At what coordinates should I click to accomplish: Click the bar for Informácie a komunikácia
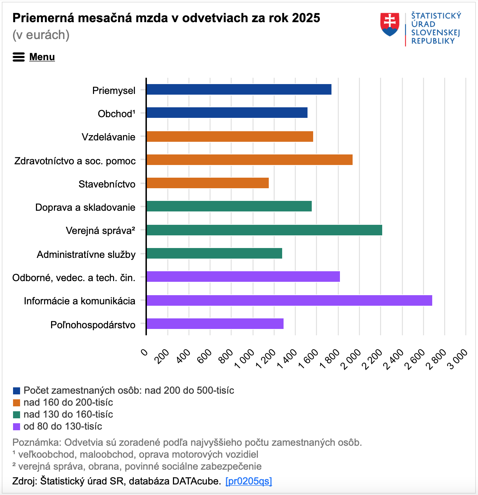[x=289, y=300]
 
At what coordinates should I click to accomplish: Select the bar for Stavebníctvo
[x=207, y=183]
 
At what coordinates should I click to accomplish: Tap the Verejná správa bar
[x=264, y=230]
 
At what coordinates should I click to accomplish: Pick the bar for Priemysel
[x=239, y=89]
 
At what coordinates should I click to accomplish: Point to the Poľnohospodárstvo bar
[x=215, y=324]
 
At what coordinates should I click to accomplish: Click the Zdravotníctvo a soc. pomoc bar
[x=250, y=160]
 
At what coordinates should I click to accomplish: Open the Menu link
[x=42, y=57]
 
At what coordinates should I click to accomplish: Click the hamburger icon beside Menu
[x=19, y=57]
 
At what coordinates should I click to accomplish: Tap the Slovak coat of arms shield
[x=390, y=24]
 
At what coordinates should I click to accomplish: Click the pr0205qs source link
[x=249, y=481]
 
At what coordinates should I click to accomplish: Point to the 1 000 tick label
[x=244, y=358]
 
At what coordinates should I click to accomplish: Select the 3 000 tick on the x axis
[x=458, y=358]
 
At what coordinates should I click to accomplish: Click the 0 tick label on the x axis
[x=144, y=352]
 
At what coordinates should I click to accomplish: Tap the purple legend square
[x=17, y=427]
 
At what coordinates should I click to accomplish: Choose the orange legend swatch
[x=17, y=403]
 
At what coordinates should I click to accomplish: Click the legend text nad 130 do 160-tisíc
[x=68, y=414]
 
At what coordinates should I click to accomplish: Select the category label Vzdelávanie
[x=108, y=137]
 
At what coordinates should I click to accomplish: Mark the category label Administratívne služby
[x=86, y=254]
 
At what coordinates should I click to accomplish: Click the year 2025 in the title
[x=306, y=18]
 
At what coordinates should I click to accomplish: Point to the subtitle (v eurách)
[x=41, y=35]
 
